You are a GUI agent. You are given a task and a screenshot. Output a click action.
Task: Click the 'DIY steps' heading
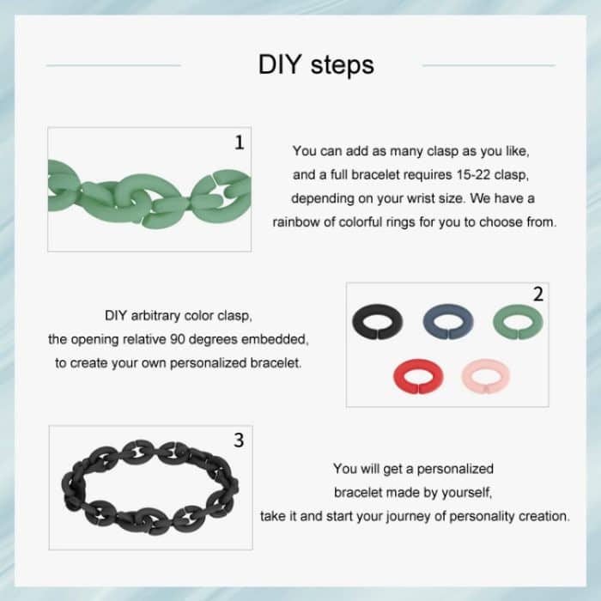(316, 65)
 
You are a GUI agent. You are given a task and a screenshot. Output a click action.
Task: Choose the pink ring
(485, 375)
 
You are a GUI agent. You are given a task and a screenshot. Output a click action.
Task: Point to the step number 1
(239, 143)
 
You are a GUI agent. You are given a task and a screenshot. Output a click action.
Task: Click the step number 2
(537, 294)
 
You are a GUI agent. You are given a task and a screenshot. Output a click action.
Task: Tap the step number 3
(239, 440)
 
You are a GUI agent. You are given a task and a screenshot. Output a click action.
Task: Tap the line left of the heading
(112, 65)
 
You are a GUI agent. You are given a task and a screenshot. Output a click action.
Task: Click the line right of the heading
(489, 65)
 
